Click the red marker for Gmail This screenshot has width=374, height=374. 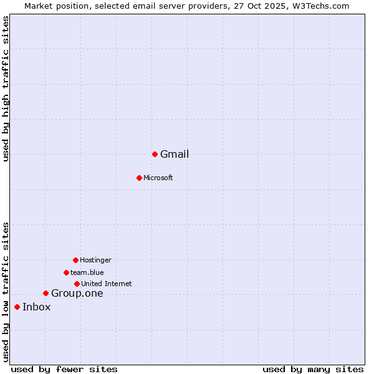click(x=155, y=154)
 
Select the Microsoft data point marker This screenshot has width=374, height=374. click(x=139, y=178)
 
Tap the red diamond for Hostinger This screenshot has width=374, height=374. click(x=75, y=260)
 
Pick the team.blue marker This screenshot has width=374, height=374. click(x=66, y=272)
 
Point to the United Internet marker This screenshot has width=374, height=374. click(x=77, y=284)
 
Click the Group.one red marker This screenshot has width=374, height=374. click(x=46, y=293)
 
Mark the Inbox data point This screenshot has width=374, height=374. click(x=17, y=307)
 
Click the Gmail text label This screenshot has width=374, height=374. click(x=175, y=155)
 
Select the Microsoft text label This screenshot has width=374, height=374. click(x=158, y=178)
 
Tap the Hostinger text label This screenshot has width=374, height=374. click(x=95, y=261)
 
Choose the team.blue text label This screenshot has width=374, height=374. click(x=87, y=273)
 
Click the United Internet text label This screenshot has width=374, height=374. click(x=107, y=284)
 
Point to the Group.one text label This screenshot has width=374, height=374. click(x=77, y=294)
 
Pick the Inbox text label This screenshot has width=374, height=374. click(x=37, y=307)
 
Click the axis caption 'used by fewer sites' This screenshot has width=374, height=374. click(x=64, y=370)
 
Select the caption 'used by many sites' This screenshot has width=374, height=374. click(x=313, y=370)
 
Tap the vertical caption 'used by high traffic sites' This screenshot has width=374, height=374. click(x=6, y=89)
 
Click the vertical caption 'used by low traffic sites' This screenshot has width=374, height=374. click(x=6, y=292)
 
